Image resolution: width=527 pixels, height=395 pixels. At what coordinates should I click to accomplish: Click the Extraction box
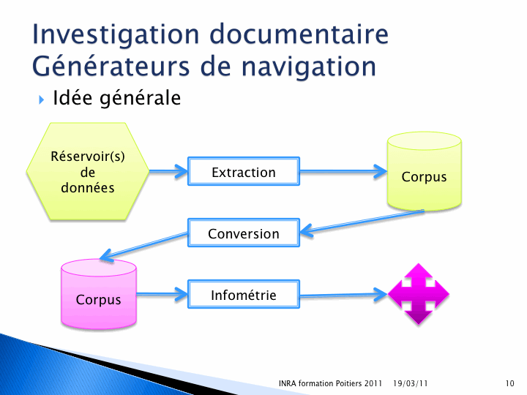coord(244,171)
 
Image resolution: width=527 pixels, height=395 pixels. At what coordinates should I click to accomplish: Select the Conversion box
coord(244,233)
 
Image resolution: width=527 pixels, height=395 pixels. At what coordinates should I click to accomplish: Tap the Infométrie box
coord(244,295)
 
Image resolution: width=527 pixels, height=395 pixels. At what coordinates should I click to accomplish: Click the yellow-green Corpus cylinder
coord(424,171)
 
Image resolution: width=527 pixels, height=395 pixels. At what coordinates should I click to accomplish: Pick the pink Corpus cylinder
coord(99,294)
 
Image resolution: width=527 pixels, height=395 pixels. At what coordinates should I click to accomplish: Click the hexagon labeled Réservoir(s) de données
coord(88,171)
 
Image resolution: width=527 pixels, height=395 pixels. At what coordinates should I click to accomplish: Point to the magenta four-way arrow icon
coord(419,294)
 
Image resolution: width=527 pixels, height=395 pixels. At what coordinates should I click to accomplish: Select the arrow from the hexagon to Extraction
coord(168,171)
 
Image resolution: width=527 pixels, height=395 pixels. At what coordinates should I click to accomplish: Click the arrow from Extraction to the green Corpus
coord(343,171)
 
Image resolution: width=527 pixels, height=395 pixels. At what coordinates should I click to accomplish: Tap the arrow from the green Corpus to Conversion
coord(362,222)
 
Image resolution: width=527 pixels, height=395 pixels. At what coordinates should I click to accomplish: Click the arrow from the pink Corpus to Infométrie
coord(162,295)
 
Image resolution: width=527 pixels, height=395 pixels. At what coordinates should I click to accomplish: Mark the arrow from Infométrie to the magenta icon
coord(343,295)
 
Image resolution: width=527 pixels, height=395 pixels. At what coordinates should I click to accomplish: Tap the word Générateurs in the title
coord(111,66)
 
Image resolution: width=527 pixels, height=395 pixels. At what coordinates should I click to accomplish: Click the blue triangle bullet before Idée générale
coord(41,99)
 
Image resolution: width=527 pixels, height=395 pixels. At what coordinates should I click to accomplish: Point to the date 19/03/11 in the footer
coord(410,383)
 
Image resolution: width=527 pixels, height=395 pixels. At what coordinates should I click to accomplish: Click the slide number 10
coord(509,383)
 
